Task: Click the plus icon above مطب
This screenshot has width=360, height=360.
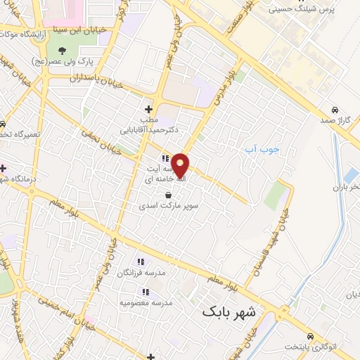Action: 148,109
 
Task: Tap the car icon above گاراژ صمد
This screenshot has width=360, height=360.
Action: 335,110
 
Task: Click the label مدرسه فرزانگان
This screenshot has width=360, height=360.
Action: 150,271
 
